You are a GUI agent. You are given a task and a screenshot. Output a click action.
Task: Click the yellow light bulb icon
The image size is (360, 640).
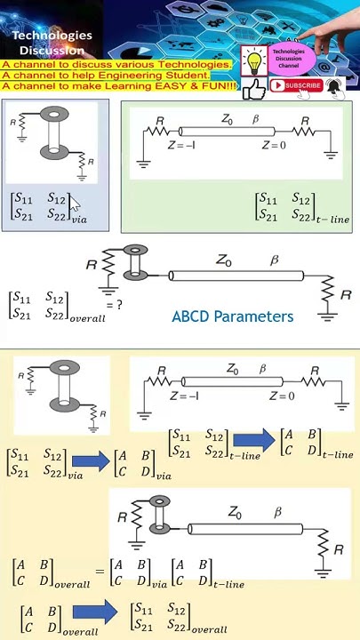pyautogui.click(x=255, y=62)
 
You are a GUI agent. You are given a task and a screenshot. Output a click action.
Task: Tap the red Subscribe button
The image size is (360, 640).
pyautogui.click(x=296, y=86)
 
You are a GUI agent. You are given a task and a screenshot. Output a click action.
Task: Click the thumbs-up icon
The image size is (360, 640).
pyautogui.click(x=255, y=89)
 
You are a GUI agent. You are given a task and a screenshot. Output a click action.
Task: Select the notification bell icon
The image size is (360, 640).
pyautogui.click(x=333, y=86)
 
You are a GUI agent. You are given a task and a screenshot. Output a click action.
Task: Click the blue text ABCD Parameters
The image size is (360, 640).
pyautogui.click(x=232, y=316)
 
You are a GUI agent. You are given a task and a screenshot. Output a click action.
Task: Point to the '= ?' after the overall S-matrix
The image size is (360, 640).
pyautogui.click(x=114, y=304)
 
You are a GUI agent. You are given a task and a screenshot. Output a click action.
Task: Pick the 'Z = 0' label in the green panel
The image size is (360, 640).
pyautogui.click(x=276, y=145)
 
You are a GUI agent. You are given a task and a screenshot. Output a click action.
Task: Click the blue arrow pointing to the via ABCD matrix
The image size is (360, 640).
pyautogui.click(x=92, y=461)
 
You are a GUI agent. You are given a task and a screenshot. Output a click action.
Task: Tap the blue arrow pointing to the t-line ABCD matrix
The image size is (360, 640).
pyautogui.click(x=254, y=440)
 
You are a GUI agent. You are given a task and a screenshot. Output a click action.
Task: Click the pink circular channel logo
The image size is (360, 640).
pyautogui.click(x=288, y=59)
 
